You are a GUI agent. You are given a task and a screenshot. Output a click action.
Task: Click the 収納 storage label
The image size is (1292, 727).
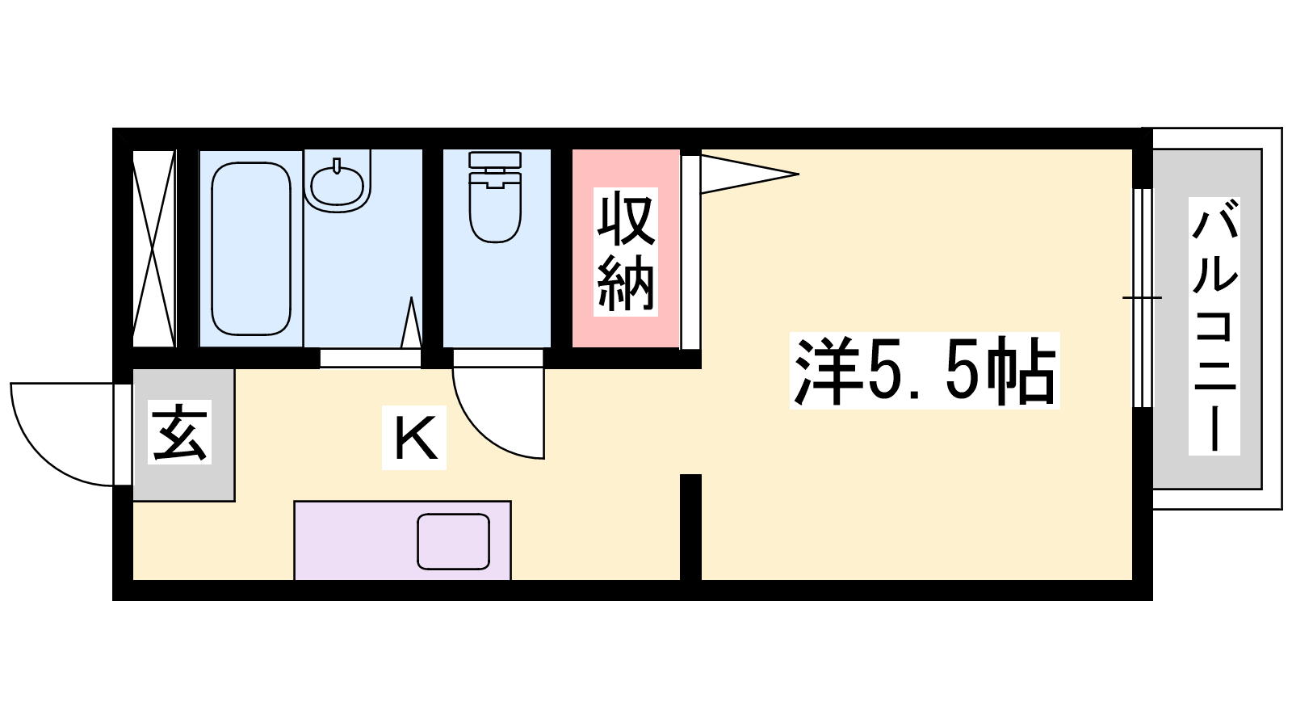tap(626, 251)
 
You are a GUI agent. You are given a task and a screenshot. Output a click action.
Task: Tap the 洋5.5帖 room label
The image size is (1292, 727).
tap(925, 371)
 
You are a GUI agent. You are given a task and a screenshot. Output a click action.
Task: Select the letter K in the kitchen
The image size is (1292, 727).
tap(414, 437)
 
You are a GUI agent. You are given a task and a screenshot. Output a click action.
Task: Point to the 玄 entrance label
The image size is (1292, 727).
tap(179, 431)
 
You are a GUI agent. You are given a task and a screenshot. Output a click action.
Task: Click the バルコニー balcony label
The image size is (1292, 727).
tap(1214, 326)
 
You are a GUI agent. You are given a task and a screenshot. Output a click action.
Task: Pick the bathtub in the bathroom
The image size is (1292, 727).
tap(251, 249)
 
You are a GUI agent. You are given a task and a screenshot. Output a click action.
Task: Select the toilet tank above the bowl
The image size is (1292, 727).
tap(496, 160)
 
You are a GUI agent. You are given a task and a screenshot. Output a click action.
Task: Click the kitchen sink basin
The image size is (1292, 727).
tap(453, 541)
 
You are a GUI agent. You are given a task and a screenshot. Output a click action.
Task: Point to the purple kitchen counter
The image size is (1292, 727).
tap(403, 540)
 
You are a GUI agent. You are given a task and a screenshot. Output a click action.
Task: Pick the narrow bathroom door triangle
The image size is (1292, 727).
tap(411, 322)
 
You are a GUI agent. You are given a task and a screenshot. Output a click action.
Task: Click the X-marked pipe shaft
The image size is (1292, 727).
tap(153, 249)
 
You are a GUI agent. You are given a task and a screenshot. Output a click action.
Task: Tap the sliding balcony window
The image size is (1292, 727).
tap(1143, 298)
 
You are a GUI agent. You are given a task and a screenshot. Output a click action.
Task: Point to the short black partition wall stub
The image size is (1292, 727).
tap(690, 527)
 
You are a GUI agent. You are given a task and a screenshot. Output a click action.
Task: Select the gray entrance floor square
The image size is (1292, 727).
tap(183, 435)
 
